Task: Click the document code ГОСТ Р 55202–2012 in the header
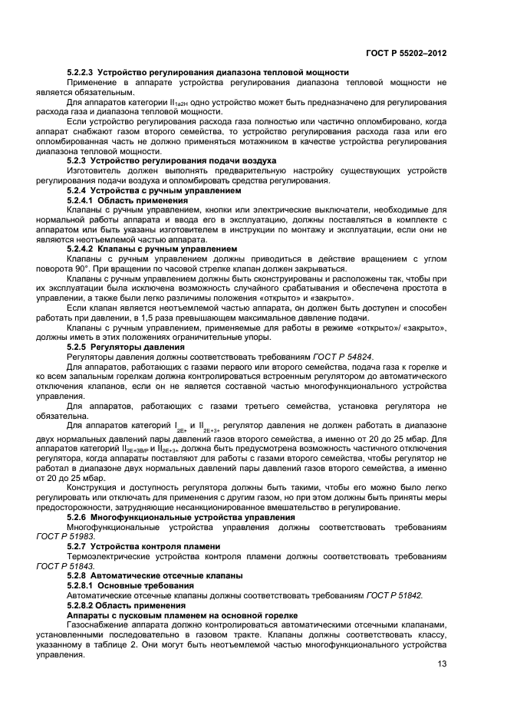click(407, 54)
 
